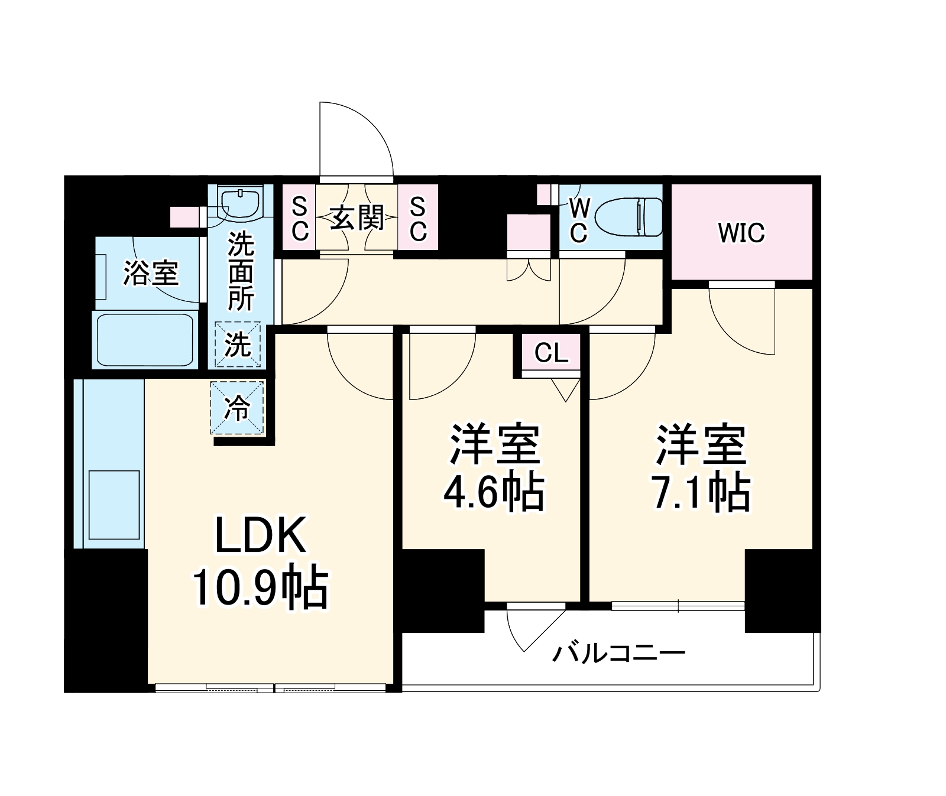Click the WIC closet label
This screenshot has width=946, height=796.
[741, 233]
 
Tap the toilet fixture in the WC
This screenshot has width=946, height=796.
[628, 217]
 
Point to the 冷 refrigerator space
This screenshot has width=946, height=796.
[237, 408]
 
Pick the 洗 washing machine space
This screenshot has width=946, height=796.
[237, 345]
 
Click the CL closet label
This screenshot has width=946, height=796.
[551, 353]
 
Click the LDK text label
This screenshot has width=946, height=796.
[260, 535]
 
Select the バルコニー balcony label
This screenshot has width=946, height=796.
[618, 653]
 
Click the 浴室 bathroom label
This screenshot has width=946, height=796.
[151, 273]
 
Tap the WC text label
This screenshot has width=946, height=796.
[579, 220]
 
